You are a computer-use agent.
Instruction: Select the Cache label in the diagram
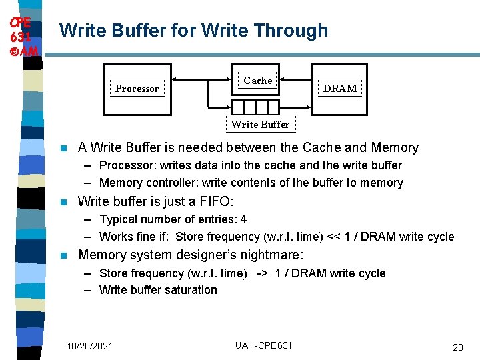[258, 81]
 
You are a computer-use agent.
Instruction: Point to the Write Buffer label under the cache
[260, 124]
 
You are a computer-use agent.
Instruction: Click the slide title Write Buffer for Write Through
[193, 31]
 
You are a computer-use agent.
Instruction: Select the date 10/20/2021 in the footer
[90, 345]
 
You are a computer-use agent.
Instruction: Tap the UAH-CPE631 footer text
[263, 345]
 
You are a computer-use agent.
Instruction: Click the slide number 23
[457, 347]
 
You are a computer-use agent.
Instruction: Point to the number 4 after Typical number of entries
[243, 219]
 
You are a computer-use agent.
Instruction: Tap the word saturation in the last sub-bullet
[191, 290]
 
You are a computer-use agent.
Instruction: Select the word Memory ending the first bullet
[395, 147]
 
